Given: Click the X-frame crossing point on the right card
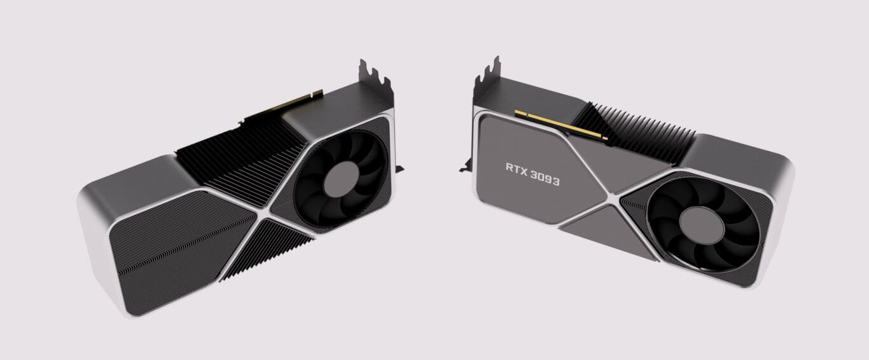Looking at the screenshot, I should [615, 202].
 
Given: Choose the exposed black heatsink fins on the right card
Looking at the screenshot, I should [643, 131].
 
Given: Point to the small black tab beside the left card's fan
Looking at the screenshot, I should [399, 168].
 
